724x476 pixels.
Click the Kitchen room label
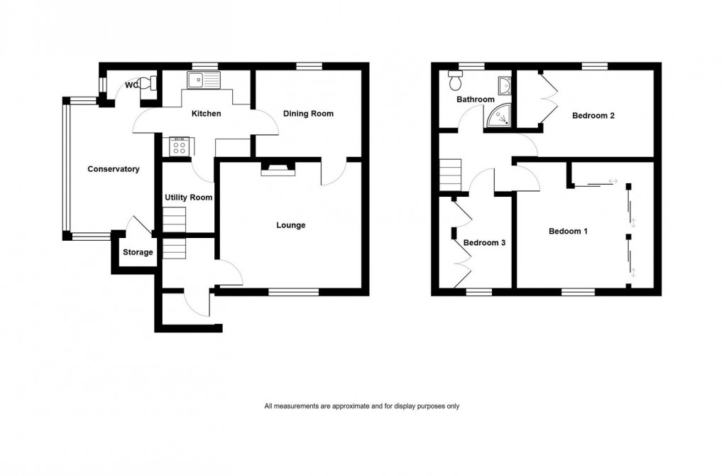pyautogui.click(x=207, y=114)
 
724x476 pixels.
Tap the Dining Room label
pyautogui.click(x=308, y=114)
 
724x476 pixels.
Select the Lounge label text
pyautogui.click(x=291, y=225)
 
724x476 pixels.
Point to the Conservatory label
pyautogui.click(x=114, y=169)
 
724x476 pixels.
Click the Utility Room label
pyautogui.click(x=189, y=198)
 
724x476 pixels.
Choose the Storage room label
pyautogui.click(x=138, y=252)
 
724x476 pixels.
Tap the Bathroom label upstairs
pyautogui.click(x=476, y=99)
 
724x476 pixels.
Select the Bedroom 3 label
pyautogui.click(x=484, y=243)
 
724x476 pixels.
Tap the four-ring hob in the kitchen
pyautogui.click(x=179, y=148)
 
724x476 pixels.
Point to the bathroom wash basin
pyautogui.click(x=504, y=86)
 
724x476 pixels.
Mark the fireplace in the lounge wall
pyautogui.click(x=277, y=168)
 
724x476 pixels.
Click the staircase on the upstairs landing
pyautogui.click(x=450, y=175)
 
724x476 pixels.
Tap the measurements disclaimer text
pyautogui.click(x=362, y=406)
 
